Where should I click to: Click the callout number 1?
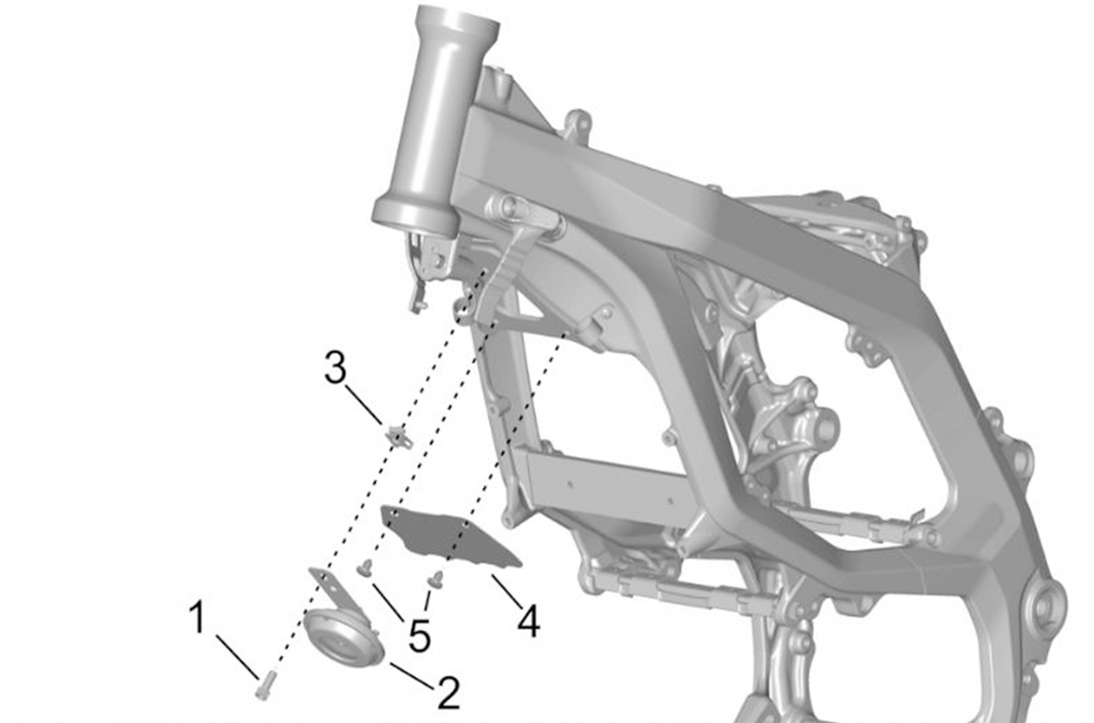[198, 617]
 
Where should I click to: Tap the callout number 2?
[449, 693]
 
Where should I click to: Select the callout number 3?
[336, 368]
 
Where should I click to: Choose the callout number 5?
[419, 636]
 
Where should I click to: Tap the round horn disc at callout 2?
[343, 637]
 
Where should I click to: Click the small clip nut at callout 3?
[399, 435]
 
